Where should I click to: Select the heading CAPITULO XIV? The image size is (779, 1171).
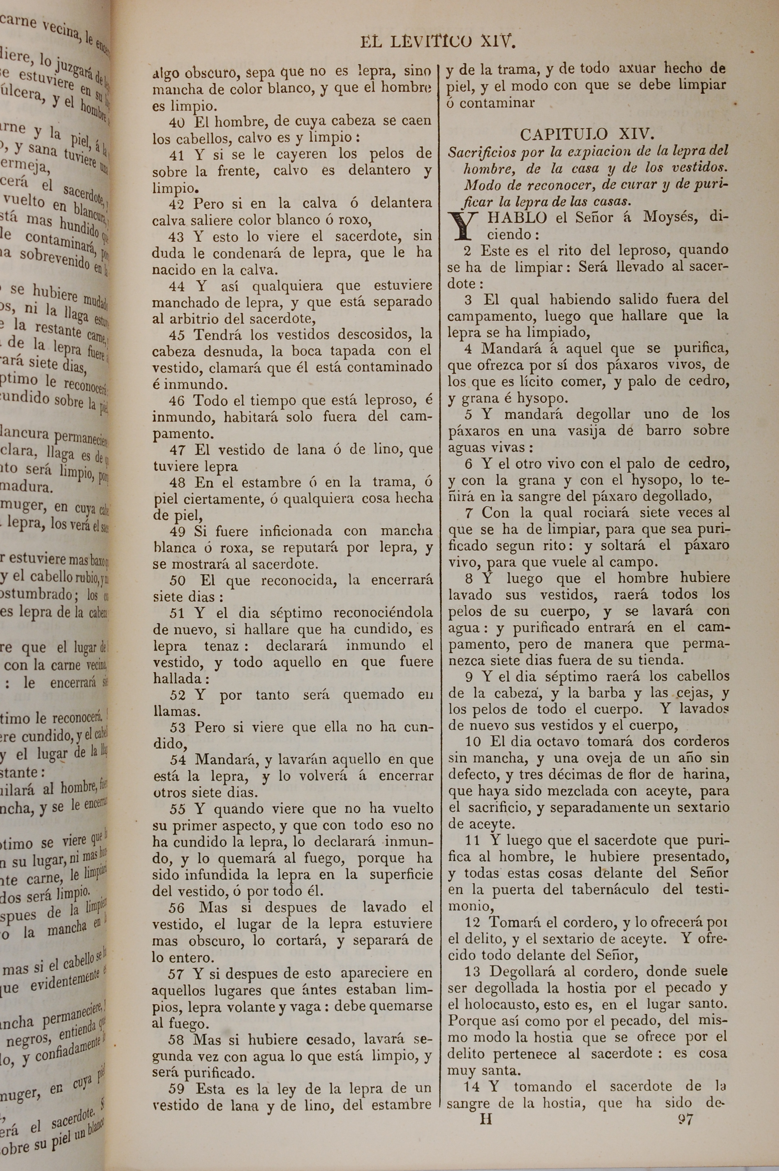[587, 134]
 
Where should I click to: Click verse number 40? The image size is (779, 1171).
[177, 121]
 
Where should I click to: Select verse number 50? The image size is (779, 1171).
[177, 580]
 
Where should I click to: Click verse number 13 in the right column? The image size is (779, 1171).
[473, 971]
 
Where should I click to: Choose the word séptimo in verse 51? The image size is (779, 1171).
[294, 613]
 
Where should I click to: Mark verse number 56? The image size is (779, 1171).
[177, 908]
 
